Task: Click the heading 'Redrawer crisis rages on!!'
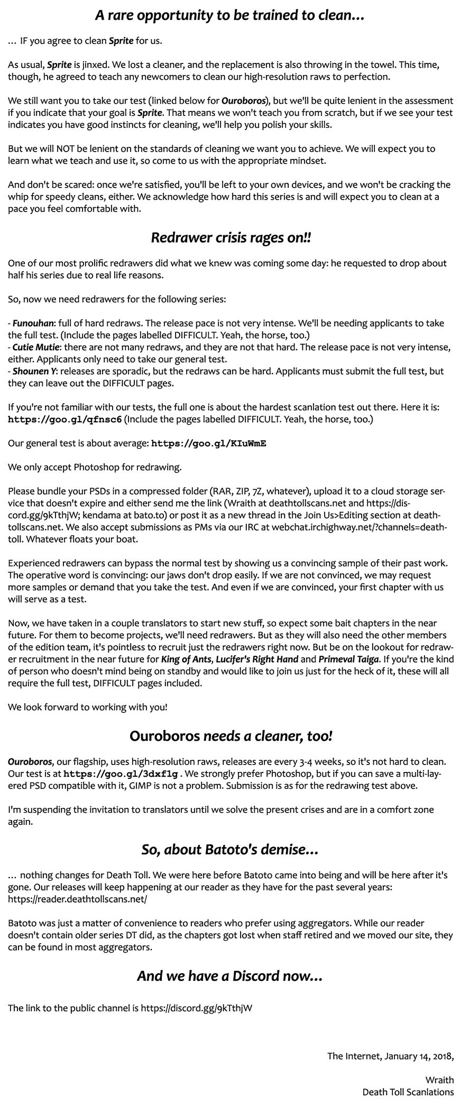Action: point(230,238)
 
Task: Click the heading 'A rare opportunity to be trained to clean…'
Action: point(230,16)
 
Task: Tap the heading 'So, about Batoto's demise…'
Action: point(230,849)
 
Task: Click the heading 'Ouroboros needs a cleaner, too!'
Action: point(230,736)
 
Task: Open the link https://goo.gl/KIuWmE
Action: point(208,443)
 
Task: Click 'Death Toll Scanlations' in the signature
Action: point(408,1092)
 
